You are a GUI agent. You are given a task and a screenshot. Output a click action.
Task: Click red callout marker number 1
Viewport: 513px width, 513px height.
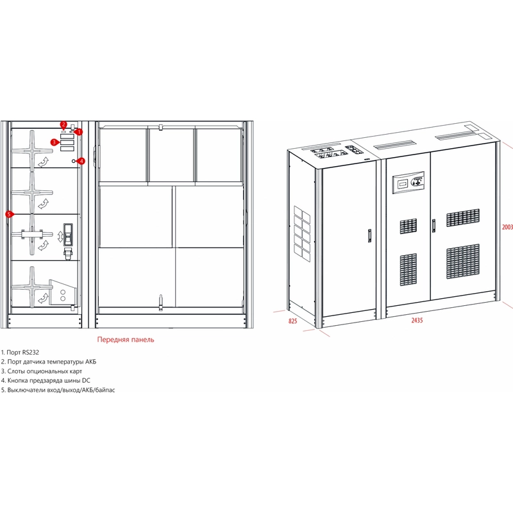[x=79, y=132]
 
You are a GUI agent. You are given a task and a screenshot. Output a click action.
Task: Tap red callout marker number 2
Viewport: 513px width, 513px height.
[x=63, y=124]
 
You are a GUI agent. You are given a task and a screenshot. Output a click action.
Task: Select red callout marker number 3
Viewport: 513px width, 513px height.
[x=54, y=142]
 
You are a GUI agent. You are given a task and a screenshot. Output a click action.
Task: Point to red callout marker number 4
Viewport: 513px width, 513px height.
[x=81, y=161]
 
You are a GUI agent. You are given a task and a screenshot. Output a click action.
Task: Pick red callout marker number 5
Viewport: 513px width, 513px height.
[x=10, y=214]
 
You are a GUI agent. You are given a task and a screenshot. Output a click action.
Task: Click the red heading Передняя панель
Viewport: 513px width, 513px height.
[x=126, y=340]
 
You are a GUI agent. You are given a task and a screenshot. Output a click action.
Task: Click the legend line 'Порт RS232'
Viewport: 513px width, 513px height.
[x=20, y=352]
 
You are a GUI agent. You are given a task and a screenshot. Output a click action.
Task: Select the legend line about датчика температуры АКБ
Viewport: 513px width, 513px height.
[x=49, y=362]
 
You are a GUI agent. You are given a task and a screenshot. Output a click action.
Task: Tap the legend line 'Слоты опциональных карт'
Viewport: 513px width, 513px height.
[x=42, y=371]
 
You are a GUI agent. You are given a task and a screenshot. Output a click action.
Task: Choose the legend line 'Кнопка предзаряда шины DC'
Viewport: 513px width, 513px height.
[x=46, y=380]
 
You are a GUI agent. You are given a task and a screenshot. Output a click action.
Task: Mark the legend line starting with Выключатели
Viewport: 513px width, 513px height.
[x=58, y=390]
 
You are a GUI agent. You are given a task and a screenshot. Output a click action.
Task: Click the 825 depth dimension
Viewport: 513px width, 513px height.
[x=293, y=321]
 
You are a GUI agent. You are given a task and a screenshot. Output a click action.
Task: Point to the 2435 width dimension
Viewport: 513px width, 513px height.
[x=417, y=320]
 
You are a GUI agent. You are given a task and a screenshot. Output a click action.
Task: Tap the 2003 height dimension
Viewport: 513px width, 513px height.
[x=507, y=227]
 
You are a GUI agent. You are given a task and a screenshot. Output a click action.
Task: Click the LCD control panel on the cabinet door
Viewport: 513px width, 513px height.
[x=408, y=182]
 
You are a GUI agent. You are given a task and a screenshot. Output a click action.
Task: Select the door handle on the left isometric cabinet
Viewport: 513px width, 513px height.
[x=369, y=235]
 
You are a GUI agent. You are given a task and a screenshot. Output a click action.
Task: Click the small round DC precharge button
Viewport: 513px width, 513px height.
[x=74, y=161]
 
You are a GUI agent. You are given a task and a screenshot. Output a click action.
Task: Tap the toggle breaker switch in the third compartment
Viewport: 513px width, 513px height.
[x=68, y=234]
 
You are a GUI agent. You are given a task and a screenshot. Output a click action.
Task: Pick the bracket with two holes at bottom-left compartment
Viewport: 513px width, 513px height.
[x=62, y=293]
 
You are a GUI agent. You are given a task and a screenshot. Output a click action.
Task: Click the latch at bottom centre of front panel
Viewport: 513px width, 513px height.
[x=161, y=303]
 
